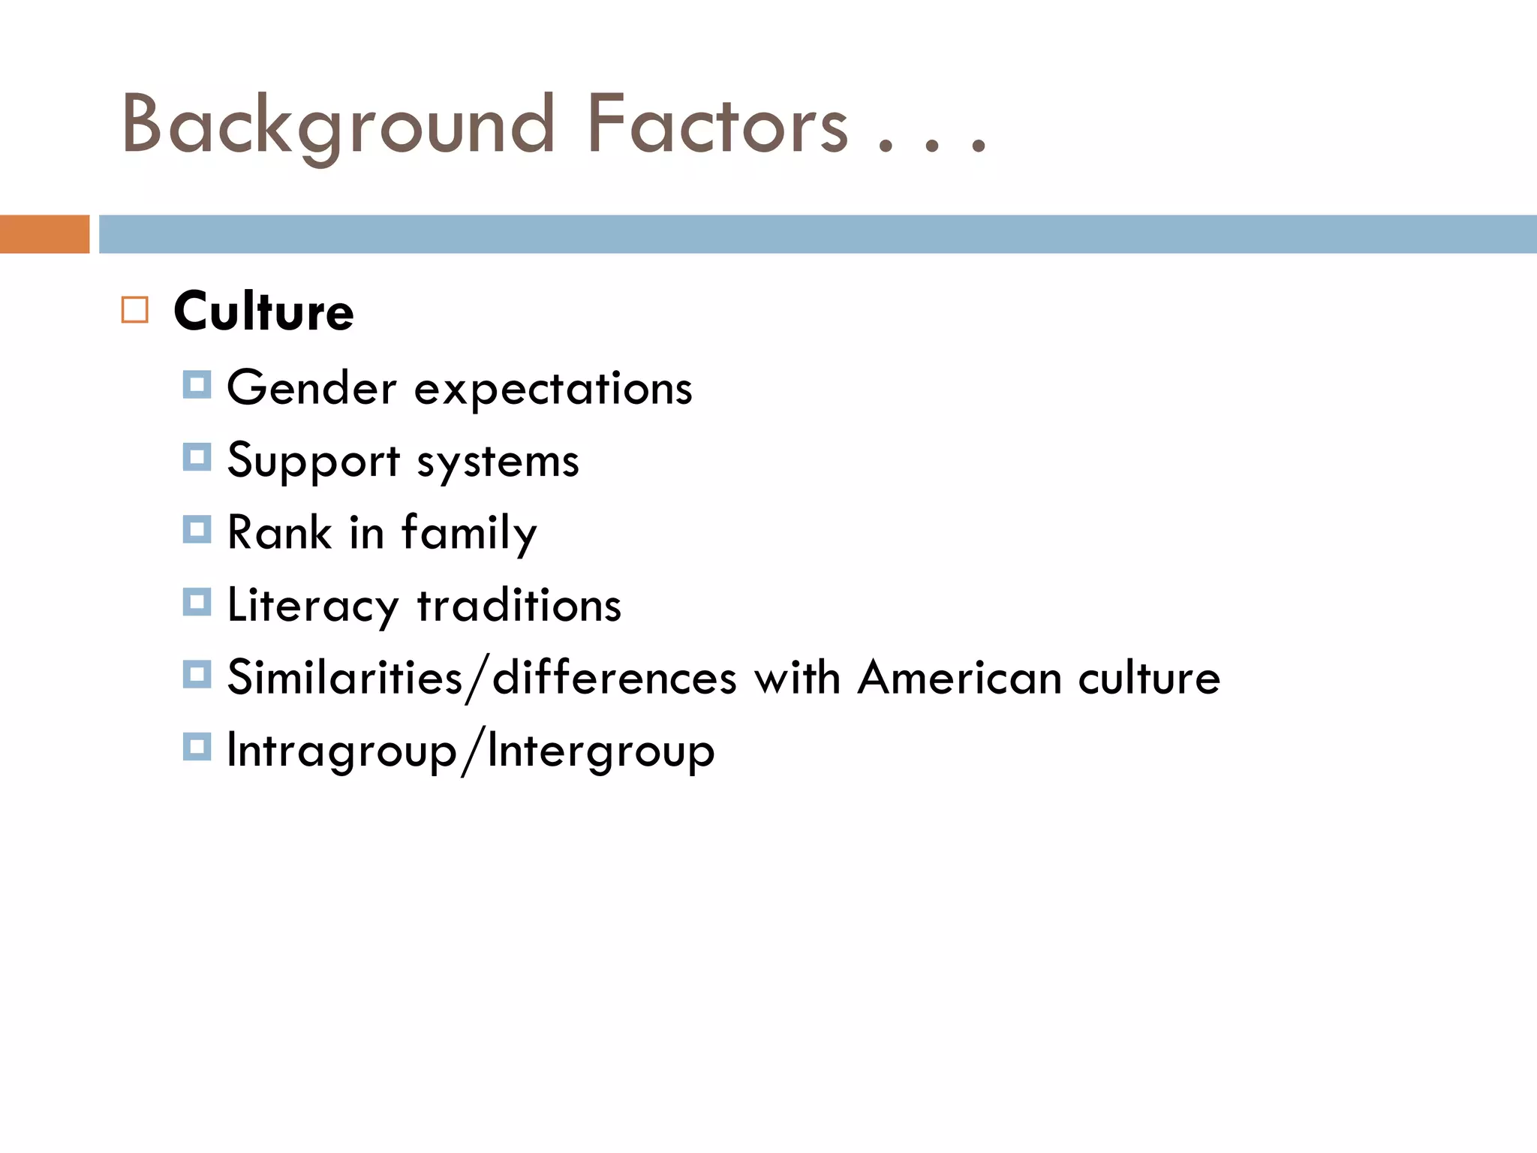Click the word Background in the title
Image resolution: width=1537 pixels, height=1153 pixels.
(x=338, y=125)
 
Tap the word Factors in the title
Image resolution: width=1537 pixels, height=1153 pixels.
(x=717, y=125)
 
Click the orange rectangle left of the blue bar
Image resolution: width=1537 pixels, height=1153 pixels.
(x=44, y=234)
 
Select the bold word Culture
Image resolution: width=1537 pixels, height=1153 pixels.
(x=263, y=311)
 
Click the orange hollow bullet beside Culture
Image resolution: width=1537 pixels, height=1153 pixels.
(x=135, y=310)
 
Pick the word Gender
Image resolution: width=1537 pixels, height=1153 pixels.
(x=311, y=389)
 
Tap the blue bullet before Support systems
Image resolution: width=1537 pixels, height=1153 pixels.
(x=197, y=457)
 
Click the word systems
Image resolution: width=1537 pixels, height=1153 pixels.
(x=498, y=462)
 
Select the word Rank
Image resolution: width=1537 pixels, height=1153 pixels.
(x=279, y=532)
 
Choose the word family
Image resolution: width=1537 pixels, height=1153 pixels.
(x=469, y=534)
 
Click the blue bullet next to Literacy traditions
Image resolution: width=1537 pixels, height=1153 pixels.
(x=197, y=602)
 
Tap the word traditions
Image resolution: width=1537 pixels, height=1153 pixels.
(x=519, y=605)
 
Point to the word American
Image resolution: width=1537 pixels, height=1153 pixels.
(x=959, y=678)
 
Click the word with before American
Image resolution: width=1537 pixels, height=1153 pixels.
(x=797, y=678)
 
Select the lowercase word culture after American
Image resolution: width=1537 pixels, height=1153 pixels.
(x=1149, y=678)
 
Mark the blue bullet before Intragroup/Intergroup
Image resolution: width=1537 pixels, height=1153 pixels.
(x=197, y=747)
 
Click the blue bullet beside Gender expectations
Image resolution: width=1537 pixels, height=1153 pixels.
(x=197, y=385)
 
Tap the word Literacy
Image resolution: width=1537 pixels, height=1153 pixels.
(x=313, y=606)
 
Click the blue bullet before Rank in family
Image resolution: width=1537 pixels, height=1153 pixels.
(x=197, y=529)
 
